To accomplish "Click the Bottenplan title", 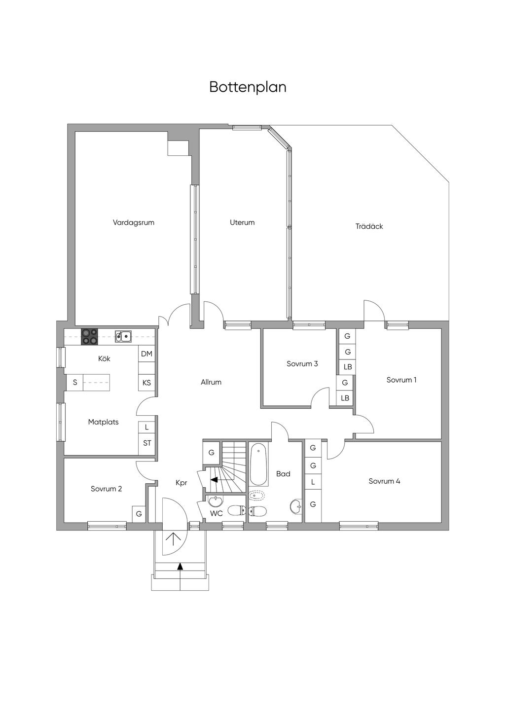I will pos(248,87).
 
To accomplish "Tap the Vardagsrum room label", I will pos(133,222).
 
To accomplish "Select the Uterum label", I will pos(242,222).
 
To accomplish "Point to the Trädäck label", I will pos(369,226).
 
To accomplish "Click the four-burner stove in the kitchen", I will pos(90,336).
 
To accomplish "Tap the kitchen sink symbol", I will pos(123,336).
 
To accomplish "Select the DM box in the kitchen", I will pos(146,354).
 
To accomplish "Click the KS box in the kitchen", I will pos(146,383).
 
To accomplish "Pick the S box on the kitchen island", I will pos(75,383).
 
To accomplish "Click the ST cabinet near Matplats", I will pos(147,443).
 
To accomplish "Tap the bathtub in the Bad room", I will pos(259,464).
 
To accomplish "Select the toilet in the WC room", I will pos(237,510).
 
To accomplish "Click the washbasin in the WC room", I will pos(216,502).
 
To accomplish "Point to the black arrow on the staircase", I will pos(214,479).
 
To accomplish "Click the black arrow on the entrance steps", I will pos(180,567).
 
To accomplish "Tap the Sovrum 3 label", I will pos(302,364).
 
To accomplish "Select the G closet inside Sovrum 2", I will pos(139,514).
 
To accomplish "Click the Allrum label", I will pos(211,382).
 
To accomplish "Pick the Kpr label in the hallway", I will pos(181,483).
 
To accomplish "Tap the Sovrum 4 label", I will pos(384,481).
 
